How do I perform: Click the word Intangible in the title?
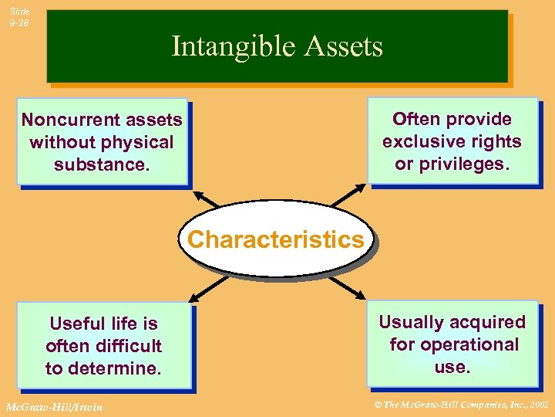tap(232, 47)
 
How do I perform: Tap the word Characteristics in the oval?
tap(275, 239)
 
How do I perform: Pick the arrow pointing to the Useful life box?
tap(195, 294)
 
